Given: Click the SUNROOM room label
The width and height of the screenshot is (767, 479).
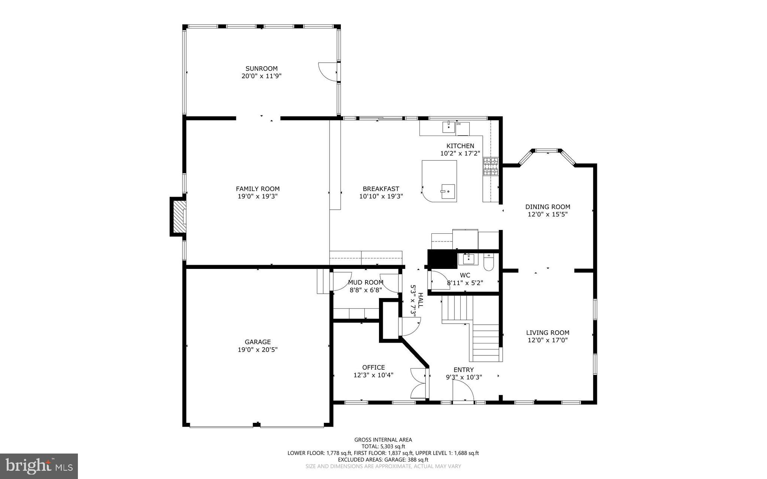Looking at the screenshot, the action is pyautogui.click(x=261, y=69).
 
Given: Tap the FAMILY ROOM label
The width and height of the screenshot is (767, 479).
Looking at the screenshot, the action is pyautogui.click(x=258, y=189).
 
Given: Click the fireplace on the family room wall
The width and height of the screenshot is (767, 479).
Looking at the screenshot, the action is pyautogui.click(x=179, y=217).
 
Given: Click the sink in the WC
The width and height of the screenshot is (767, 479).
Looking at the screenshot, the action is pyautogui.click(x=468, y=259).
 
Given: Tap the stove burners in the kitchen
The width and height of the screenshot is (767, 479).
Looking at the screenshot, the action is pyautogui.click(x=491, y=167).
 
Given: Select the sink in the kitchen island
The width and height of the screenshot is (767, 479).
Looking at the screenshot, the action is pyautogui.click(x=448, y=191).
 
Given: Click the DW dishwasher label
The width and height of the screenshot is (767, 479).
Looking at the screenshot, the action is pyautogui.click(x=458, y=124).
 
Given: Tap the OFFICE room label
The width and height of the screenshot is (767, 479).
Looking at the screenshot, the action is pyautogui.click(x=373, y=367).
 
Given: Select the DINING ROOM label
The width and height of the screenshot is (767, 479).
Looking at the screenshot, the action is pyautogui.click(x=548, y=207).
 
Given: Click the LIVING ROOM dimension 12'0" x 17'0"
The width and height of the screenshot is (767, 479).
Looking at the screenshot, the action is pyautogui.click(x=548, y=340).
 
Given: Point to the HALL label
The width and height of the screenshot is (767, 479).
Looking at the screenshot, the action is pyautogui.click(x=420, y=300).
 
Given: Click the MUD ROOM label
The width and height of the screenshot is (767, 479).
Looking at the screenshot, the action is pyautogui.click(x=366, y=282).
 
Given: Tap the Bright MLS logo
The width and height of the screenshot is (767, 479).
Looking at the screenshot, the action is pyautogui.click(x=39, y=466).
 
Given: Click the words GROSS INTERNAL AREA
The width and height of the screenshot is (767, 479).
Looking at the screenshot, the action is pyautogui.click(x=383, y=440).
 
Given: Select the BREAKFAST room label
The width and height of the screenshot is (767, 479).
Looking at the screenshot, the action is pyautogui.click(x=381, y=189).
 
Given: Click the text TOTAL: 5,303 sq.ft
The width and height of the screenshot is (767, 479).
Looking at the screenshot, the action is pyautogui.click(x=383, y=446).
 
